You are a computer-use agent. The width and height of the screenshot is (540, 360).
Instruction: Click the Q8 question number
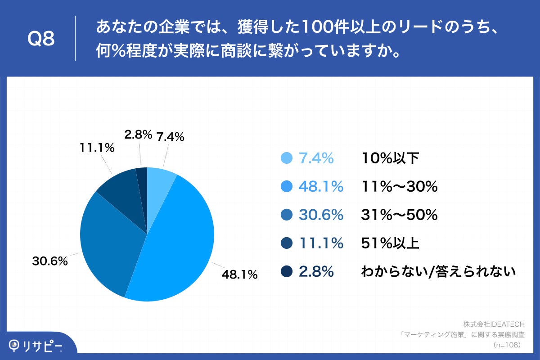41,39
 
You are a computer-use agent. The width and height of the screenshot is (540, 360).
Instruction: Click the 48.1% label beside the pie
239,274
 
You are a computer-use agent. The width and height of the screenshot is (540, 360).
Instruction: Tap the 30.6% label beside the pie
49,261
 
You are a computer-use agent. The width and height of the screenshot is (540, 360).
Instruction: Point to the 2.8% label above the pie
137,135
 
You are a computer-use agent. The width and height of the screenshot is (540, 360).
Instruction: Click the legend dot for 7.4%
286,158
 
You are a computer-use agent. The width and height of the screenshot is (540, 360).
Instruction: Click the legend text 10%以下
390,158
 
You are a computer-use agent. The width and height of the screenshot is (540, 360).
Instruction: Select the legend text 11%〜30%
400,186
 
